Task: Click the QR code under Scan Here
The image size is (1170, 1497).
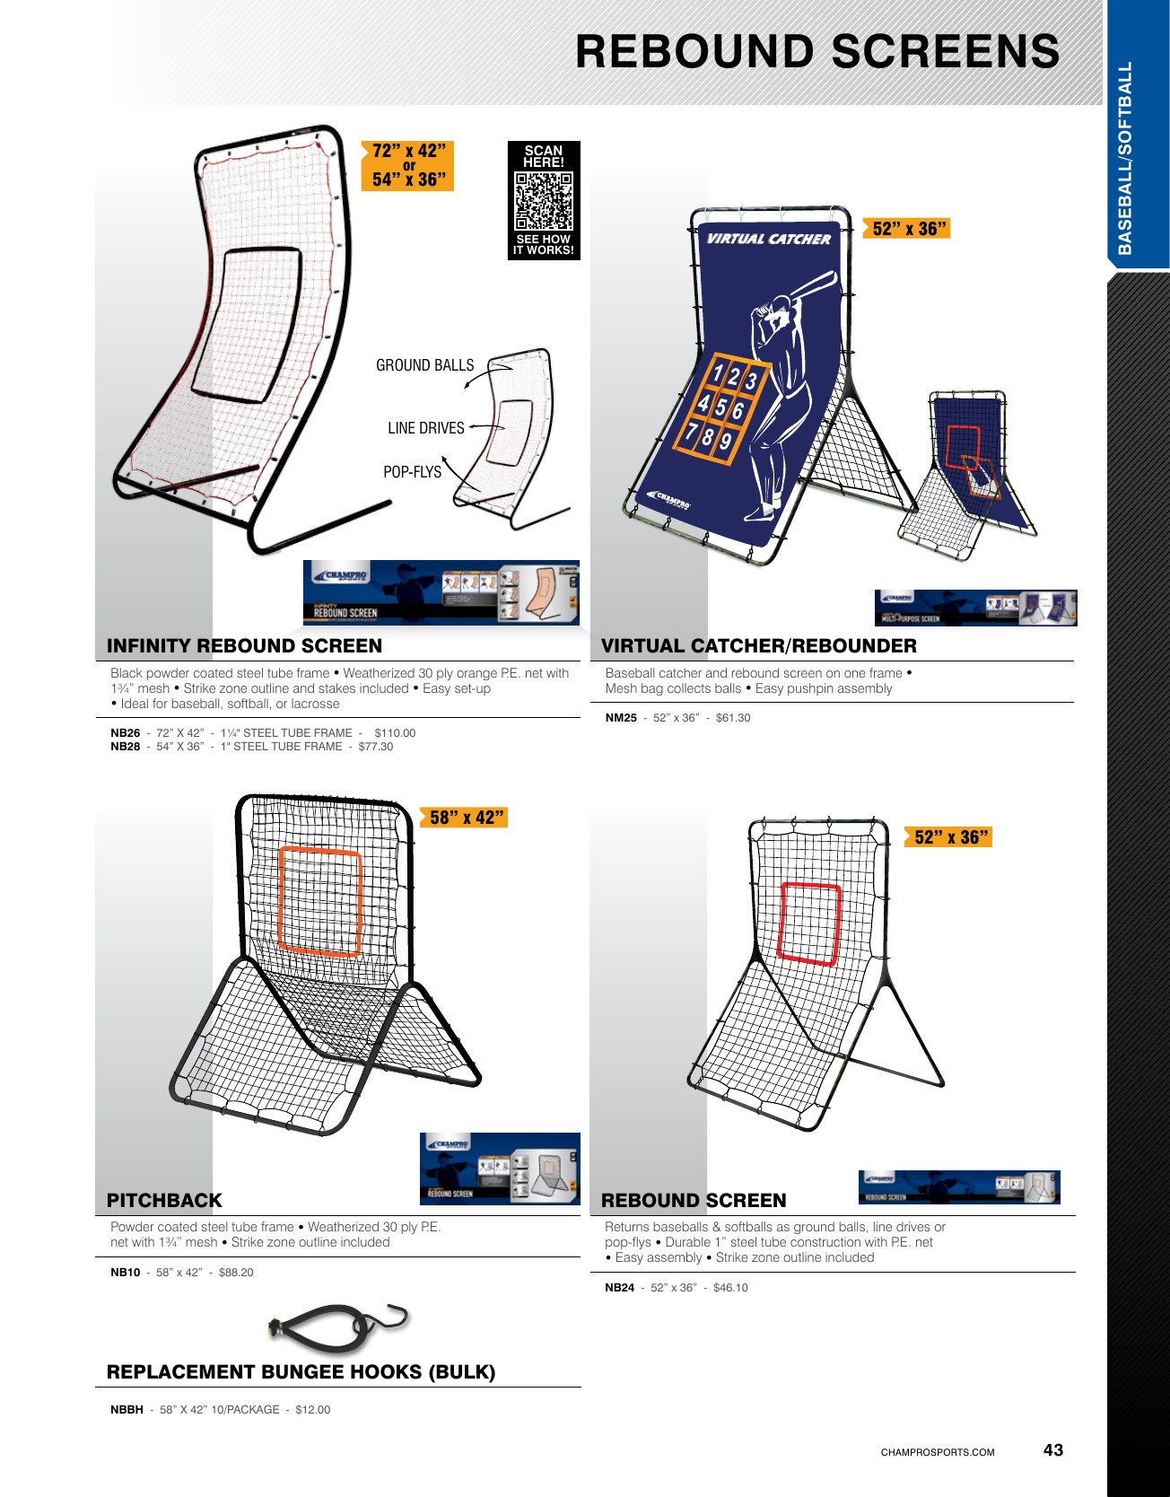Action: pos(544,201)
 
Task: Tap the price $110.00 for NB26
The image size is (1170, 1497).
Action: pos(395,733)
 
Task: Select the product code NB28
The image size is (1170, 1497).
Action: pos(125,747)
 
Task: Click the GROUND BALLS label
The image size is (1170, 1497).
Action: pos(424,365)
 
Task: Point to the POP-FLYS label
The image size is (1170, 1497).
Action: pos(412,472)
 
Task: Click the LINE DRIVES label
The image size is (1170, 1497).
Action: pos(425,428)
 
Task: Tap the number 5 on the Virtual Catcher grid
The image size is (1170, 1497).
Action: pos(720,407)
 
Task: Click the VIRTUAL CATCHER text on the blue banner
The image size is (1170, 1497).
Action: pos(769,239)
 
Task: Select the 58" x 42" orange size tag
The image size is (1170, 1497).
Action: pos(465,818)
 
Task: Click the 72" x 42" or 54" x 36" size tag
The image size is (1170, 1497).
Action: pos(409,165)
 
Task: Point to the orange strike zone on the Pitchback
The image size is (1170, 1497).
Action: pos(319,901)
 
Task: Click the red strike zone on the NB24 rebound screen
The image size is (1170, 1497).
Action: pos(809,924)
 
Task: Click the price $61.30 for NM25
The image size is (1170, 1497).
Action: pos(733,718)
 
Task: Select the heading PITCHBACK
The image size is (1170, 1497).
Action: pos(164,1201)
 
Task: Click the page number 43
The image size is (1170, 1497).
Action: pos(1052,1450)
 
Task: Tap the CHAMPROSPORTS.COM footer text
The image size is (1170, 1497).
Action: pos(937,1452)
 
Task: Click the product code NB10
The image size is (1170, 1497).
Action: pos(125,1273)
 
